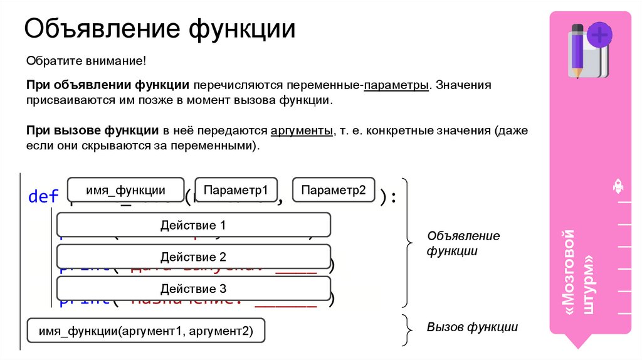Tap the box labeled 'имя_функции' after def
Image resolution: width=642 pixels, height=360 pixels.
[x=126, y=191]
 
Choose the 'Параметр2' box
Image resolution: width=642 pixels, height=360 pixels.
[x=333, y=191]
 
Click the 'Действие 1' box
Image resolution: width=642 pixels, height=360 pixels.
[x=193, y=225]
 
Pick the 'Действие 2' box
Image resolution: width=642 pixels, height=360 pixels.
[x=193, y=257]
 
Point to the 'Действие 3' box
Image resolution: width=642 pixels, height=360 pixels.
[x=193, y=289]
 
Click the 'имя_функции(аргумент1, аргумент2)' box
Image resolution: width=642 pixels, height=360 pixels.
[x=145, y=331]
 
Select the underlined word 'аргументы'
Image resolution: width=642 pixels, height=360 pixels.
[x=301, y=131]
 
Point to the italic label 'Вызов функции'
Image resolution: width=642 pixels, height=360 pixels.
[x=472, y=327]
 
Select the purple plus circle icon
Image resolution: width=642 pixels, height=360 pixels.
[x=601, y=34]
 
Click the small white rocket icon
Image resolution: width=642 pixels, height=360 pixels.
[x=617, y=186]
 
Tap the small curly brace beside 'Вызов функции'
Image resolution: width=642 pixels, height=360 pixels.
[x=407, y=327]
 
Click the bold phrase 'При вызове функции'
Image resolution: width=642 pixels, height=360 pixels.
[x=92, y=131]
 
